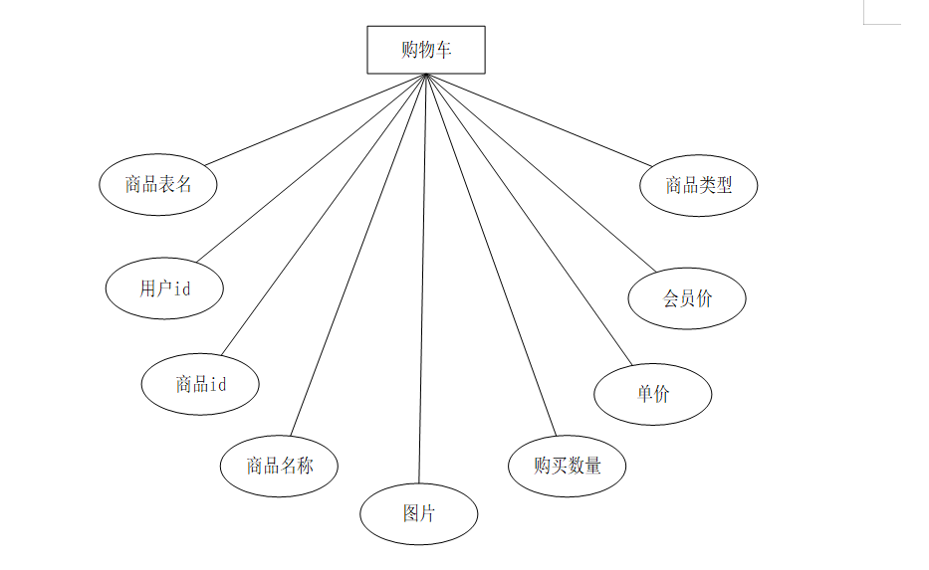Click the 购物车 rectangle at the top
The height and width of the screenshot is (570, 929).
(x=426, y=50)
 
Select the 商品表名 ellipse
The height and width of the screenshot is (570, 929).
(x=158, y=184)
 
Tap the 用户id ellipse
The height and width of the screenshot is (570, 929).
(x=164, y=288)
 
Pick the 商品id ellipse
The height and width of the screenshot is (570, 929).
(x=200, y=383)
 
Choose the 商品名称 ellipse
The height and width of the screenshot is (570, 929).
(x=279, y=465)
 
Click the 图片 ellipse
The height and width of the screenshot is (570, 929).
(x=419, y=514)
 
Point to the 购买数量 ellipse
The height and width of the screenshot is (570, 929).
(x=567, y=465)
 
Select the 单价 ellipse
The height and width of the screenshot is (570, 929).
(x=653, y=394)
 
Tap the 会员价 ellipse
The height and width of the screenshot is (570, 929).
(x=687, y=298)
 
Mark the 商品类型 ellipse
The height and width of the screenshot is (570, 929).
(x=699, y=185)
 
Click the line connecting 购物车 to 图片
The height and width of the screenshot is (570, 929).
(x=422, y=279)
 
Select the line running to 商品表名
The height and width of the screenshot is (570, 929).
(x=315, y=119)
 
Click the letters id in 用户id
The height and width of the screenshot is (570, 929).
(x=182, y=288)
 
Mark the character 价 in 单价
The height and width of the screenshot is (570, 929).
(x=662, y=394)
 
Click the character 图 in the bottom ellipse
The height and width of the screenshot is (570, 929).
(x=410, y=514)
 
